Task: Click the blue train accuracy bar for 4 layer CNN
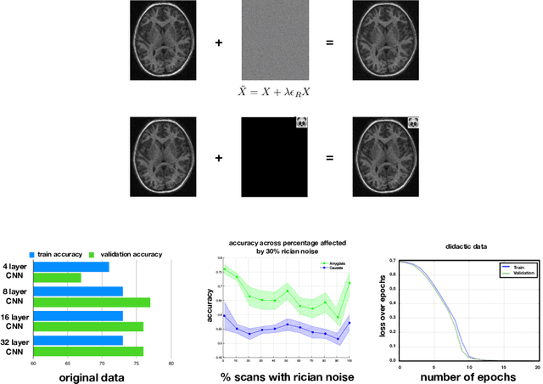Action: pos(70,267)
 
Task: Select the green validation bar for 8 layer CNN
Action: pos(92,302)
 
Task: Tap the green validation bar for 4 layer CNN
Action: pos(57,278)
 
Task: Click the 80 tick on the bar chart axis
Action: pos(171,364)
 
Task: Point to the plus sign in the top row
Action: pos(218,41)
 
